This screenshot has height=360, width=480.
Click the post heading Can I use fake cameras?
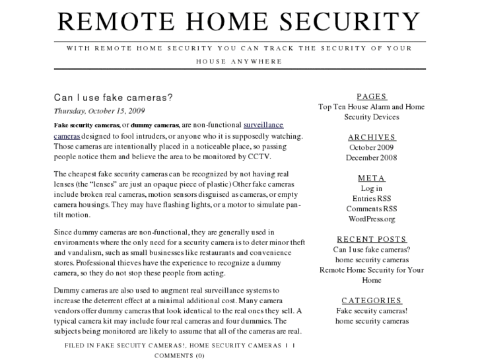(114, 98)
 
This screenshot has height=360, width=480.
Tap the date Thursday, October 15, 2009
(100, 111)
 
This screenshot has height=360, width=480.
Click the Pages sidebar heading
(371, 96)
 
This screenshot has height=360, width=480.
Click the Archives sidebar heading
(371, 137)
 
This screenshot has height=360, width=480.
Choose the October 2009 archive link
(371, 147)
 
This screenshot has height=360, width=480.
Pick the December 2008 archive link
(371, 158)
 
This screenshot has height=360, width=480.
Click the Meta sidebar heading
(371, 178)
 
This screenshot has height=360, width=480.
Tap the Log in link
(371, 188)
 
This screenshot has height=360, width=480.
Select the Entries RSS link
(371, 198)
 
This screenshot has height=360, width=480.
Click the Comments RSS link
(371, 209)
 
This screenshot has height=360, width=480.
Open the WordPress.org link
(371, 219)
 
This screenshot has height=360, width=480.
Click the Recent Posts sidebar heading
(371, 239)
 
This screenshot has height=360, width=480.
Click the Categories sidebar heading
(371, 300)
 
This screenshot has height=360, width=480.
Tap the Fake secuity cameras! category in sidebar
(371, 310)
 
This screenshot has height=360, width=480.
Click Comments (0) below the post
(180, 355)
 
